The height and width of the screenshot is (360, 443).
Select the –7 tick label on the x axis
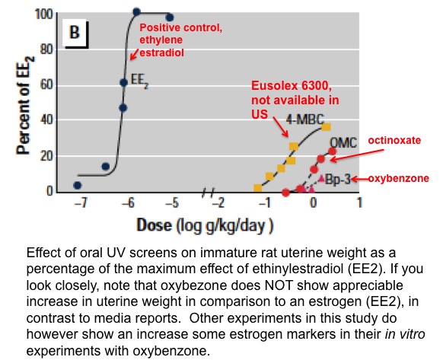coord(77,203)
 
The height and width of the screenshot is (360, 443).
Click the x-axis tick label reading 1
coord(359,203)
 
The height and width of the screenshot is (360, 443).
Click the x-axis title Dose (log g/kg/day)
coord(206,225)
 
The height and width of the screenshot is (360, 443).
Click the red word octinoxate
coord(394,141)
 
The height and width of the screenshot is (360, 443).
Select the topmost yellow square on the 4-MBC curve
coord(326,127)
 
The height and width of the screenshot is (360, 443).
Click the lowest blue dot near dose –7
coord(77,185)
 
